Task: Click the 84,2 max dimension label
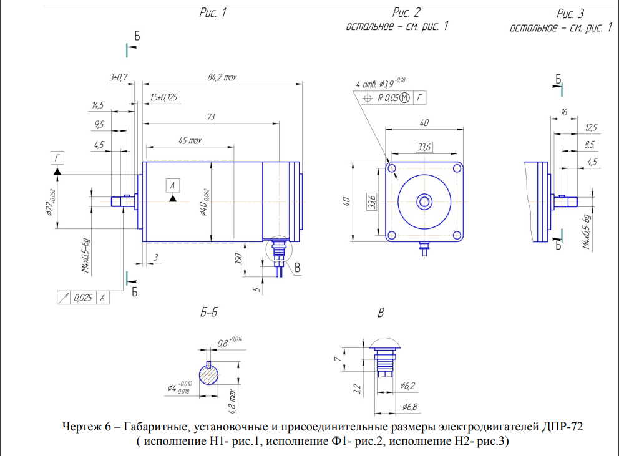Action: click(x=222, y=78)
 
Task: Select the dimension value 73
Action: click(x=211, y=118)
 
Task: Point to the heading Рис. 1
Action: click(x=212, y=13)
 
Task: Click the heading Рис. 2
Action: click(x=407, y=12)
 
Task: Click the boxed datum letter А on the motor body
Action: click(x=173, y=184)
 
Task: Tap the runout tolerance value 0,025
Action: click(x=83, y=298)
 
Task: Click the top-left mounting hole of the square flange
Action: click(x=393, y=168)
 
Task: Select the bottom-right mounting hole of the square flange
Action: click(x=457, y=235)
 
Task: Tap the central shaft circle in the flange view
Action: click(x=425, y=201)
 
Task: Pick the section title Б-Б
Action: click(x=208, y=313)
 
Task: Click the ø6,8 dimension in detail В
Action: click(x=411, y=407)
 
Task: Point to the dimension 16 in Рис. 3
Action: click(x=564, y=112)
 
